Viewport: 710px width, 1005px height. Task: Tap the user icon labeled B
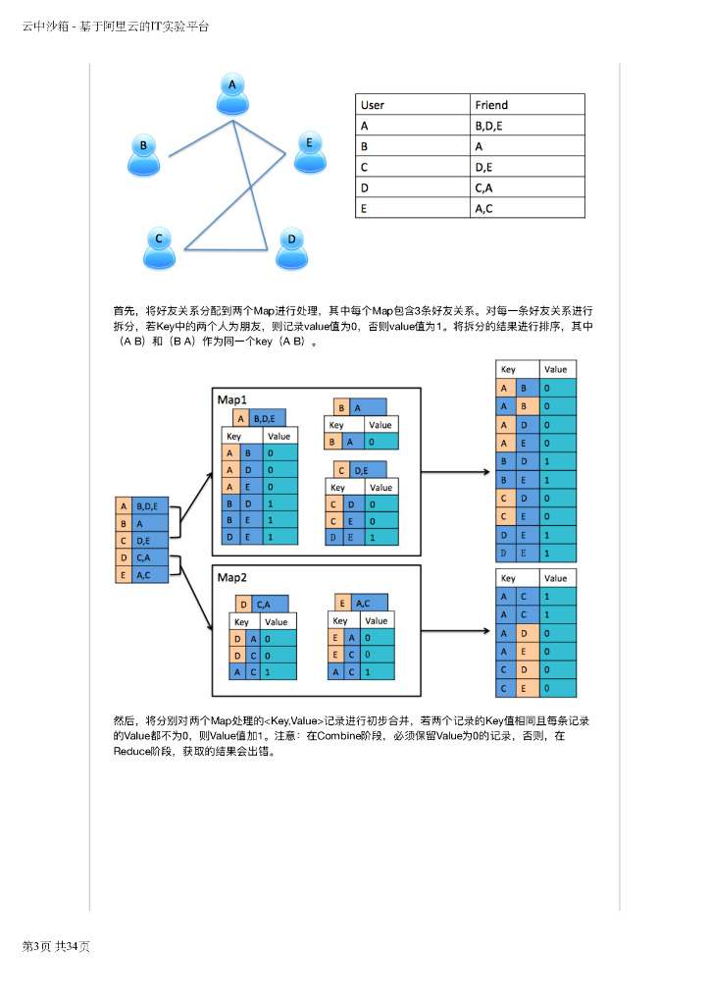(144, 154)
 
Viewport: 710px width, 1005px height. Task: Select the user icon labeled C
(159, 246)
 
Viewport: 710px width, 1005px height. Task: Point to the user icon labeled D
(291, 247)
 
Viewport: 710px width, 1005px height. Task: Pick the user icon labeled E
(309, 151)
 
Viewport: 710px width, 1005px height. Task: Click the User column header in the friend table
(373, 105)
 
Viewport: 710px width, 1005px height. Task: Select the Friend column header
(491, 105)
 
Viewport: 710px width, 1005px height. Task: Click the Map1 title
(232, 399)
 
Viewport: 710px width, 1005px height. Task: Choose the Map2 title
(232, 576)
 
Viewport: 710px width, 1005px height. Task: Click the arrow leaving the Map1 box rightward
(456, 472)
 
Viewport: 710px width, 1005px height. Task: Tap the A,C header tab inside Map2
(369, 604)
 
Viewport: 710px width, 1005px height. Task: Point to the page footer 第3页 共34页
(56, 946)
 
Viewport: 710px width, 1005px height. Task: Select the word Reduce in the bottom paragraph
(132, 751)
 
